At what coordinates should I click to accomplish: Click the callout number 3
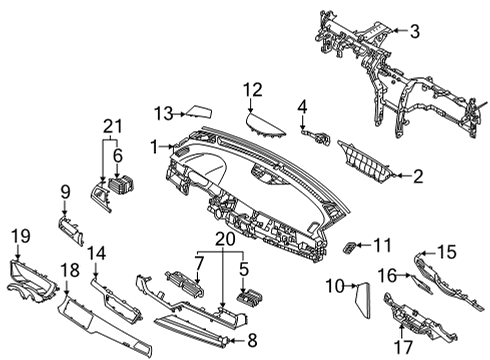click(x=414, y=31)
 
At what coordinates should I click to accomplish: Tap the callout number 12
click(x=252, y=89)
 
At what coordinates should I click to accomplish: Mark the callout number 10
click(x=338, y=287)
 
